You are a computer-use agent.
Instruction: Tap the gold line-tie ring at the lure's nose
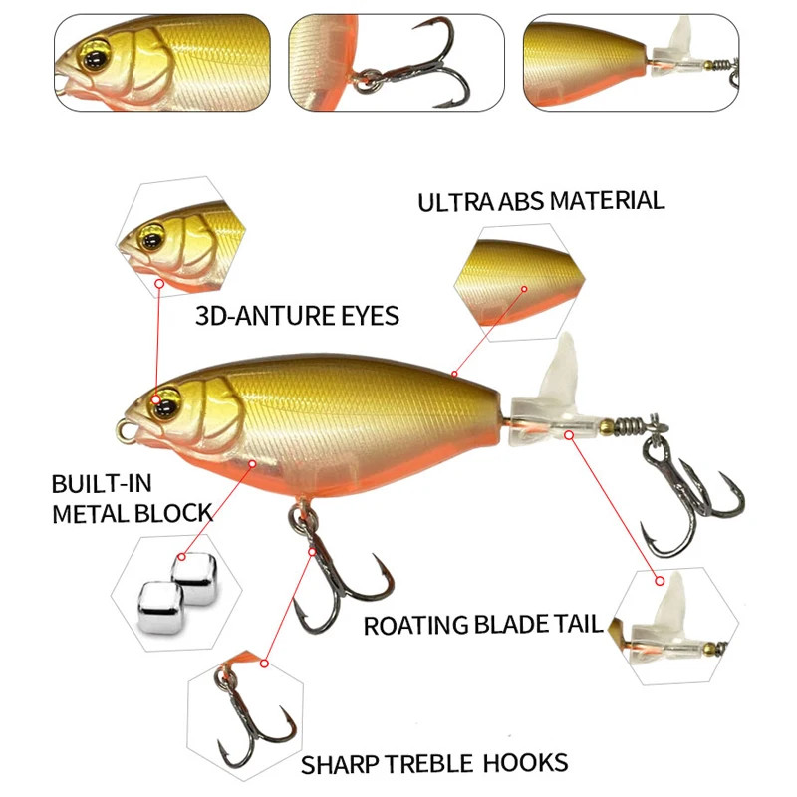[125, 431]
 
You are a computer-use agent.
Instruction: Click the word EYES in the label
[370, 316]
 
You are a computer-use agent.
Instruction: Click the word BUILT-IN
[102, 483]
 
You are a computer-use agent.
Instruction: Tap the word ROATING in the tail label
[415, 626]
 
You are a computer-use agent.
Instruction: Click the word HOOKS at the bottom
[525, 763]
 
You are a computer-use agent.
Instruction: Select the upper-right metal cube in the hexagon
[194, 579]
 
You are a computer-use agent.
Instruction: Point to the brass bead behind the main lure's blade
[606, 426]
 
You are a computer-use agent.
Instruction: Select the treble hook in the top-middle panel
[416, 66]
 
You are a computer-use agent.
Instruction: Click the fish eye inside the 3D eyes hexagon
[152, 238]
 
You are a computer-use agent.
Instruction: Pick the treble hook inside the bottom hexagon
[254, 721]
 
